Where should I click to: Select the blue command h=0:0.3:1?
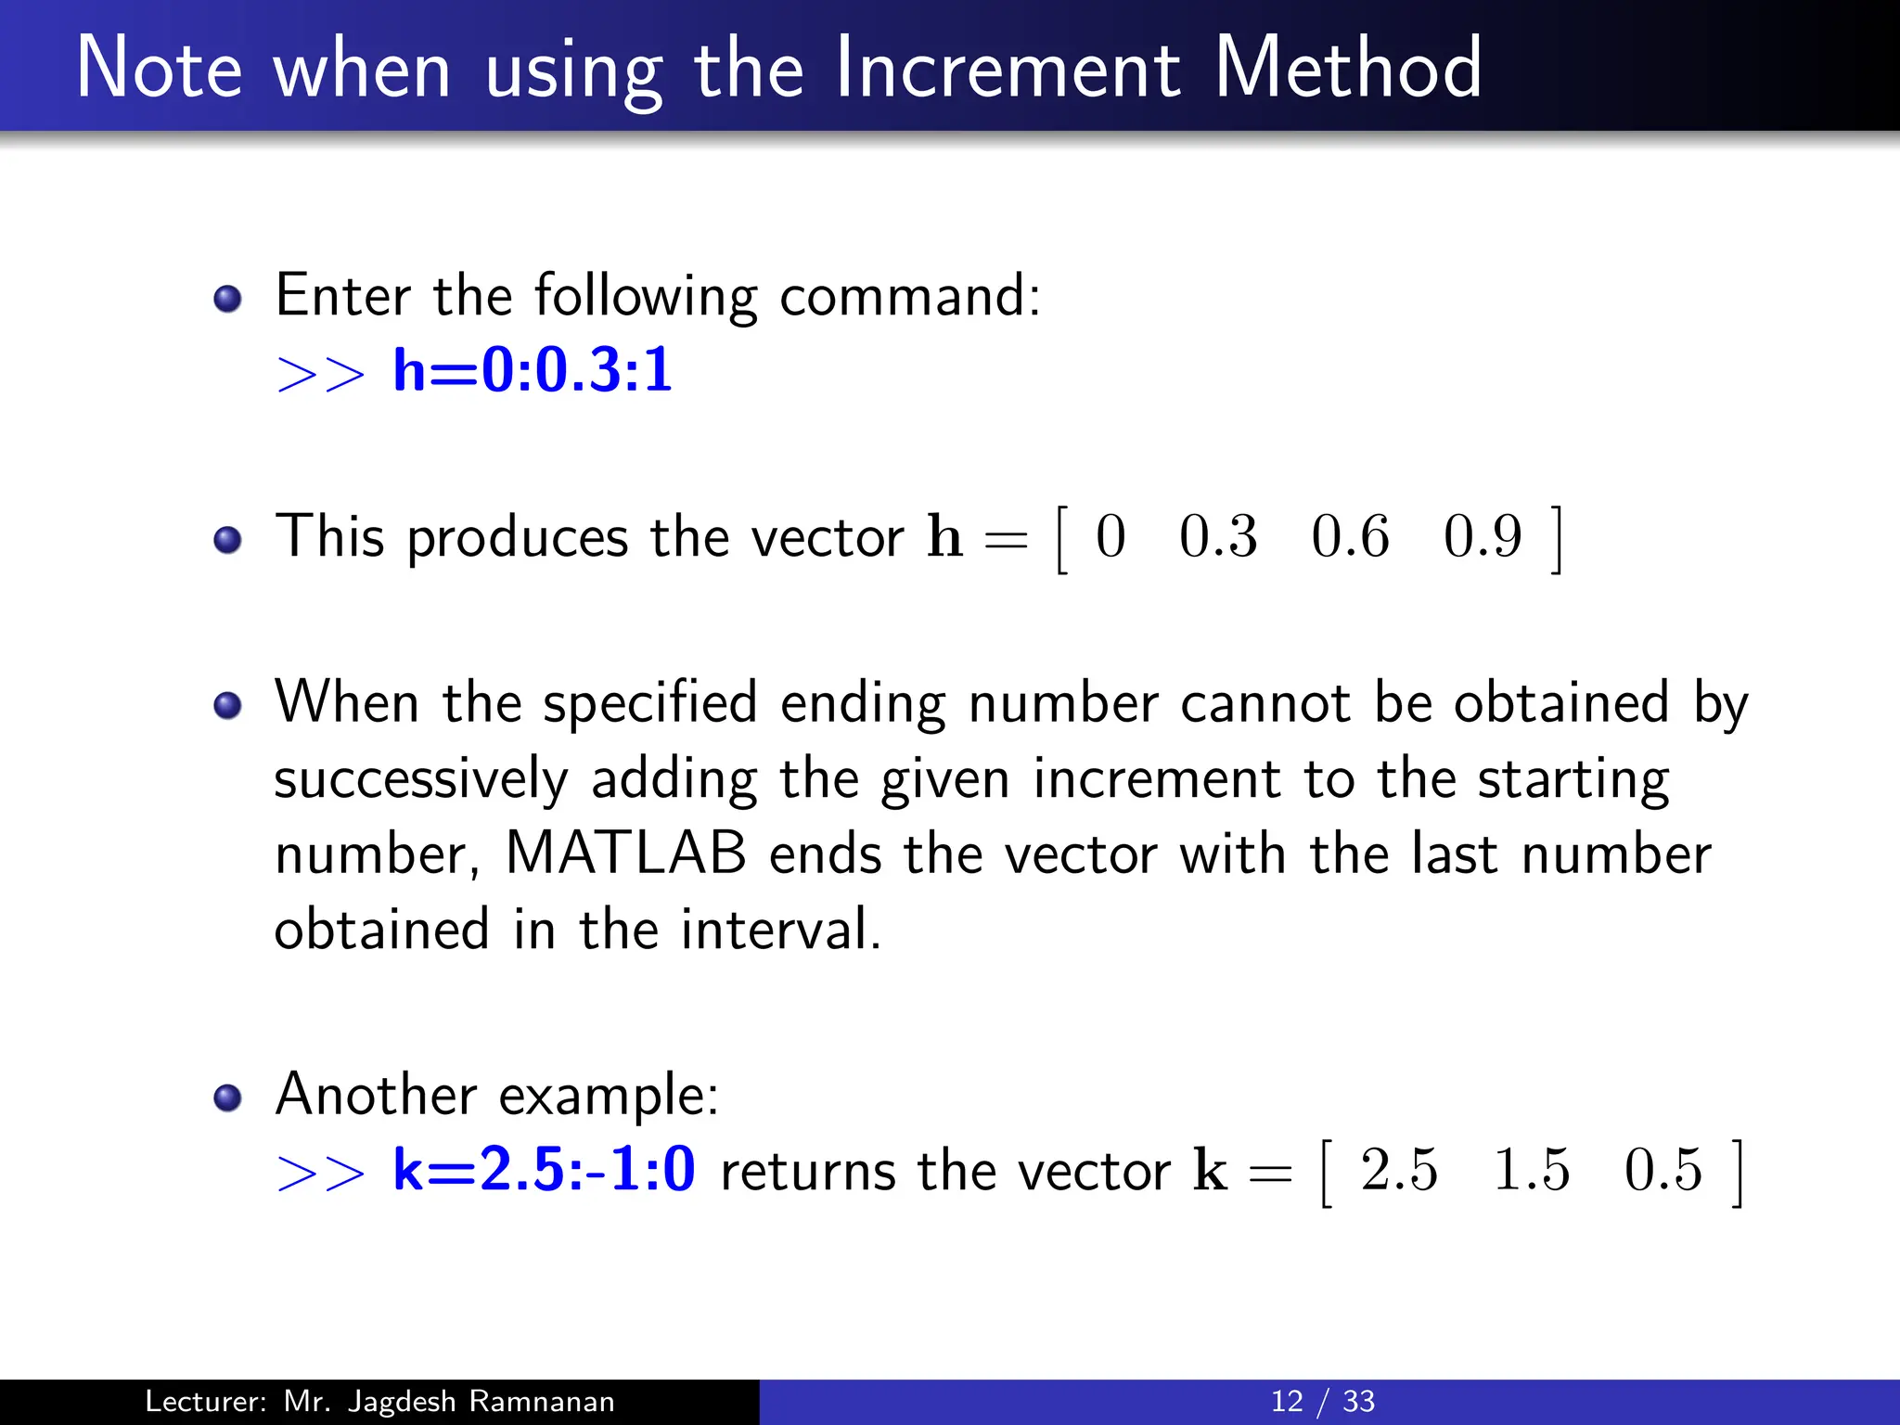click(x=532, y=370)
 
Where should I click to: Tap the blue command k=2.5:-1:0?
click(x=544, y=1169)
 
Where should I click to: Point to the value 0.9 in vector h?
click(x=1483, y=537)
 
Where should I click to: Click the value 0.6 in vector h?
click(x=1350, y=537)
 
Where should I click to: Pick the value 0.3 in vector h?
click(x=1218, y=537)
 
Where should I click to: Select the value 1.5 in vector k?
click(x=1532, y=1170)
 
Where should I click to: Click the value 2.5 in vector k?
click(x=1399, y=1170)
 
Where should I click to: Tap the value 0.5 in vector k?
click(x=1663, y=1170)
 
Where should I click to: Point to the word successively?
click(x=420, y=779)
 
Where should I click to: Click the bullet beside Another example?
click(x=227, y=1098)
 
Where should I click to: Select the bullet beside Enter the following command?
click(x=227, y=299)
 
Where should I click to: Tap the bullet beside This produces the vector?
click(x=227, y=540)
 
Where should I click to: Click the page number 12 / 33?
click(x=1322, y=1401)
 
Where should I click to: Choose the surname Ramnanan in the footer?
click(x=542, y=1401)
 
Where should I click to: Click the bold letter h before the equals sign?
click(x=944, y=536)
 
